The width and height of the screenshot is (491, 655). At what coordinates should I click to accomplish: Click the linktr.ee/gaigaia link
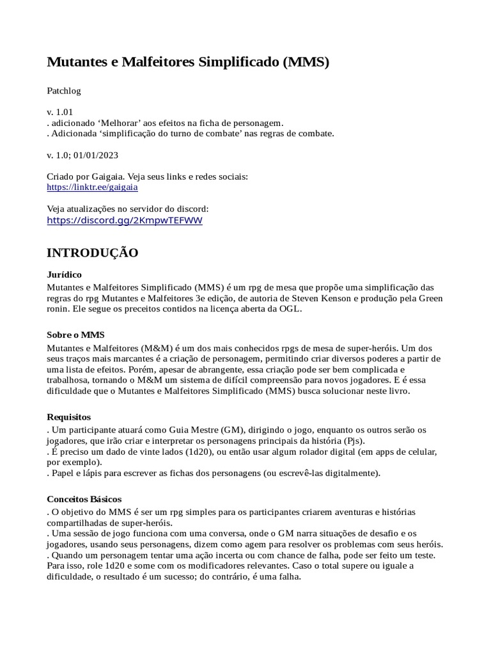pos(93,187)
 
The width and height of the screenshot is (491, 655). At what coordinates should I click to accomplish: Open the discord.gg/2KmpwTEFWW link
pos(125,220)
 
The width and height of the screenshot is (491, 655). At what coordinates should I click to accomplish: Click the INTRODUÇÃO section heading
pos(93,253)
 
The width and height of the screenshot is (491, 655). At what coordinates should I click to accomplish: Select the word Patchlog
pos(64,91)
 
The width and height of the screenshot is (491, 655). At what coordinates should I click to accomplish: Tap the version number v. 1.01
pos(61,112)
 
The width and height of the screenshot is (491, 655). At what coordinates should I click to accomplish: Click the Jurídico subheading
pos(65,274)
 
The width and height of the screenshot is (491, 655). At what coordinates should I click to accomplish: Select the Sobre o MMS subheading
pos(75,335)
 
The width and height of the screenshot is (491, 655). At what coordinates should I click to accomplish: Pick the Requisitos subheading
pos(69,416)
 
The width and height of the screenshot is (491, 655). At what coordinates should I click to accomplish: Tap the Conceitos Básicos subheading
pos(84,498)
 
